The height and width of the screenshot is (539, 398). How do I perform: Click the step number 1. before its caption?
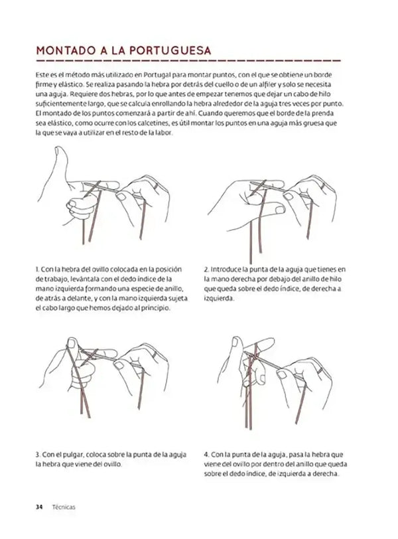point(38,269)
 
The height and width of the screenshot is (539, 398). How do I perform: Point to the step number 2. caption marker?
point(207,269)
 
